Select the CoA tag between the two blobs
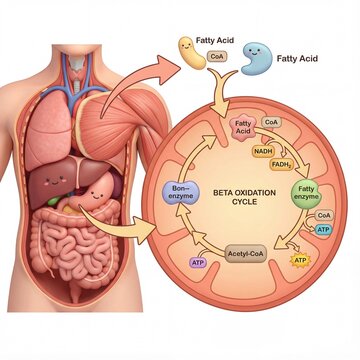pyautogui.click(x=214, y=58)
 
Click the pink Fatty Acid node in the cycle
pyautogui.click(x=243, y=126)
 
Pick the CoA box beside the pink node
pyautogui.click(x=271, y=123)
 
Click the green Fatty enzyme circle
pyautogui.click(x=307, y=194)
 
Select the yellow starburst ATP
pyautogui.click(x=299, y=262)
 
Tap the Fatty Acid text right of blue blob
pyautogui.click(x=297, y=59)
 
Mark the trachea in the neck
pyautogui.click(x=77, y=62)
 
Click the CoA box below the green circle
pyautogui.click(x=322, y=214)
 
